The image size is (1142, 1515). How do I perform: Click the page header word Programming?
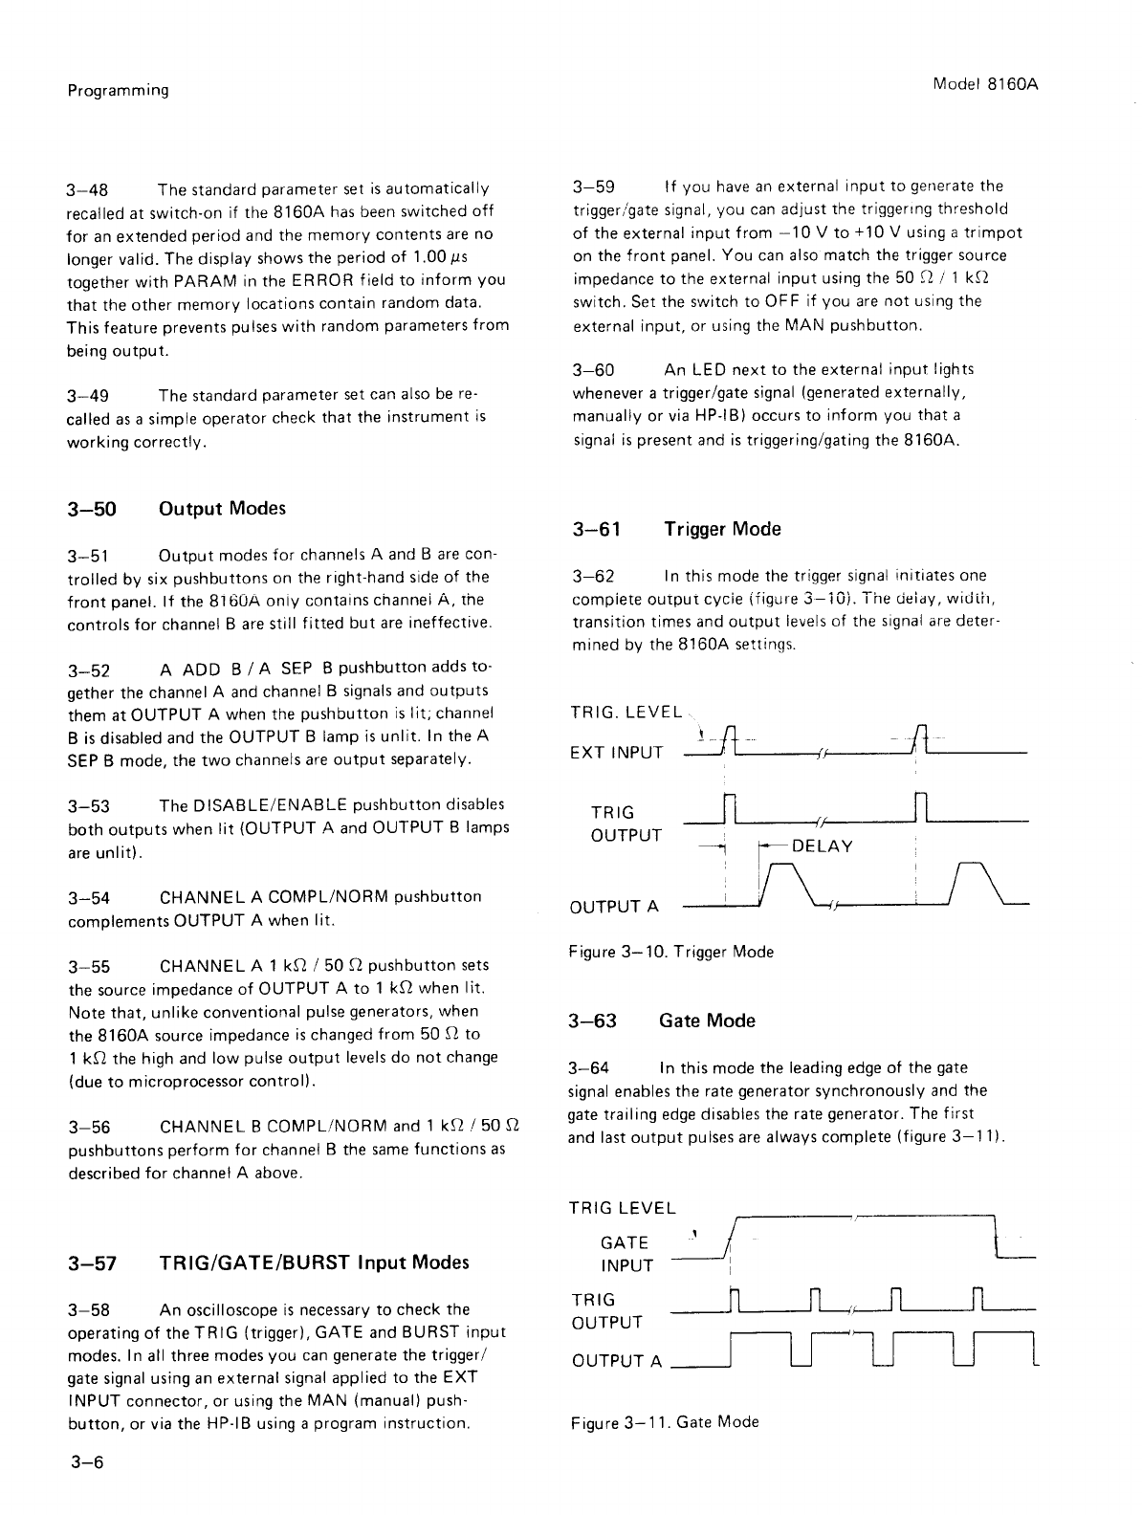(x=118, y=91)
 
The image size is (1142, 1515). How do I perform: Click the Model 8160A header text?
(x=985, y=84)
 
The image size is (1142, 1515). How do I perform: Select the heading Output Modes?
(x=222, y=508)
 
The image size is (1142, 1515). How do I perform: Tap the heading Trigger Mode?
(x=722, y=529)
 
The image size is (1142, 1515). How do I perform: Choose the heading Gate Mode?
(x=707, y=1021)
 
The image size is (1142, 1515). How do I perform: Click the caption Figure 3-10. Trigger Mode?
(x=670, y=952)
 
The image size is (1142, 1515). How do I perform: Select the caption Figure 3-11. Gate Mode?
(x=664, y=1422)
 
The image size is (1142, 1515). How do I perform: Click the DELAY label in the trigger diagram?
(x=823, y=846)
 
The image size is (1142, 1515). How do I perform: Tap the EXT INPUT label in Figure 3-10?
(x=616, y=753)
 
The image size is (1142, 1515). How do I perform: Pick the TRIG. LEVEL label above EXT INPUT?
(x=626, y=713)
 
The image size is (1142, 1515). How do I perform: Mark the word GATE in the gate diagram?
(x=624, y=1242)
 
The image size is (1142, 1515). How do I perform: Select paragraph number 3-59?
(x=593, y=187)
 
